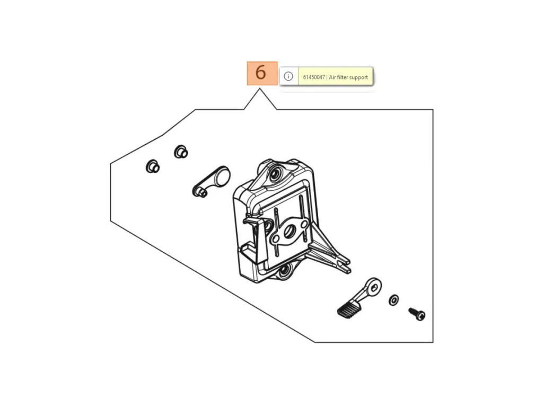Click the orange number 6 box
pos(262,73)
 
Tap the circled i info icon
pos(288,76)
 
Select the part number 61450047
pos(314,77)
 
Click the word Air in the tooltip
pos(332,77)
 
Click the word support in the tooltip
pos(358,77)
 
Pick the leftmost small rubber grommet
pos(152,166)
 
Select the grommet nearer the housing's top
pos(181,152)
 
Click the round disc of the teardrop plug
pos(221,176)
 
